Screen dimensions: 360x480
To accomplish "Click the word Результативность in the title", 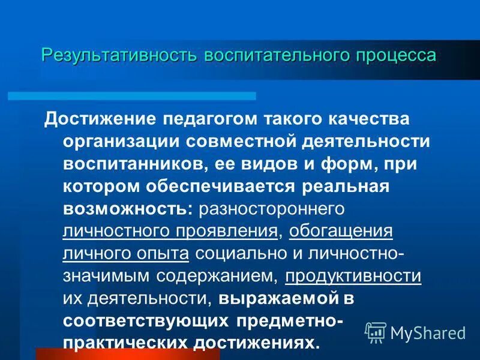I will tap(119, 56).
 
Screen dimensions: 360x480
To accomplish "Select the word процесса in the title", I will tap(395, 56).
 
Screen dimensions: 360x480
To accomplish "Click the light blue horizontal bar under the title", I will tap(132, 96).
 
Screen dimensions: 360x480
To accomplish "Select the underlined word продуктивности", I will tap(353, 275).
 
